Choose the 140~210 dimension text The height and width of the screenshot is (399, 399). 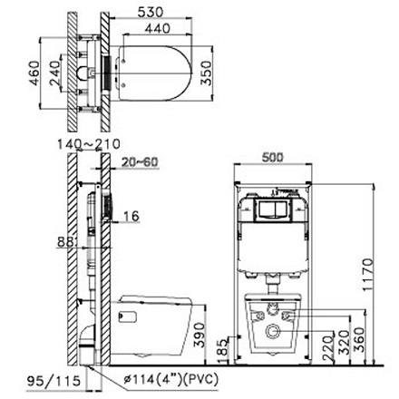point(87,143)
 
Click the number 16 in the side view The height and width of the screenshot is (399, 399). point(132,216)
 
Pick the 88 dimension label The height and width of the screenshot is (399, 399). point(63,242)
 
